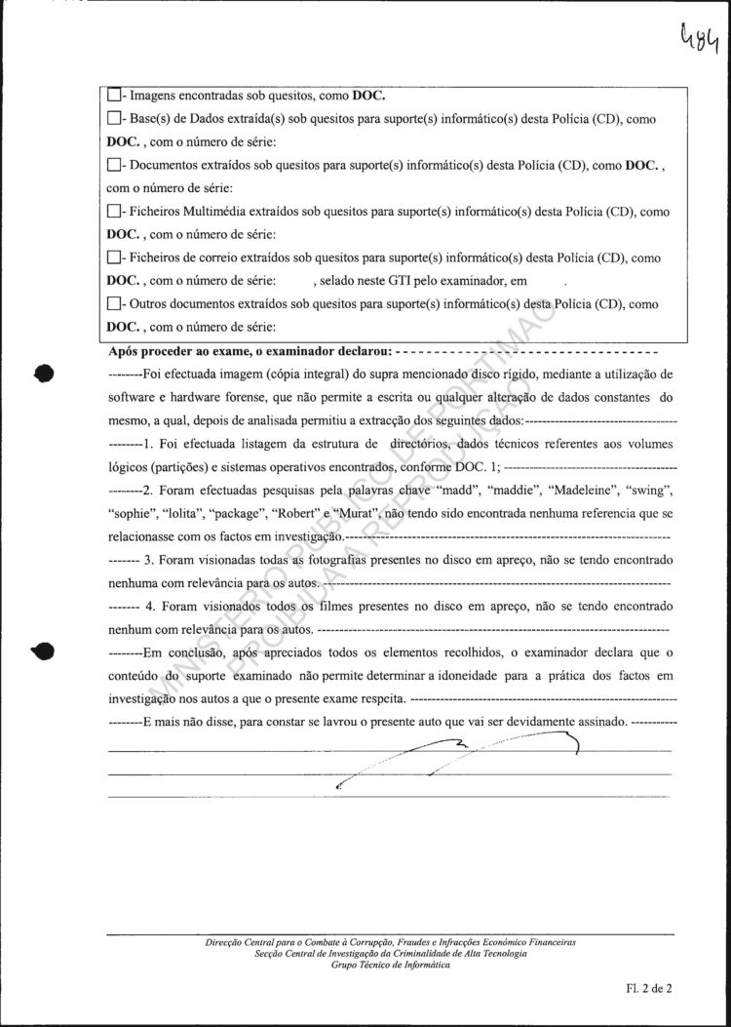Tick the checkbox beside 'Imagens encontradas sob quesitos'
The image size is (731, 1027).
tap(114, 96)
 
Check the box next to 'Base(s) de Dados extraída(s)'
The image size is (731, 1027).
tap(114, 119)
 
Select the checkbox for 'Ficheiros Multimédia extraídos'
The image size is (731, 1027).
tap(114, 212)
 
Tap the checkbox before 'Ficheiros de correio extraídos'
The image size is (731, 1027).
tap(114, 257)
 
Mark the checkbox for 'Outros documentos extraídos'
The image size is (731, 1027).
tap(114, 304)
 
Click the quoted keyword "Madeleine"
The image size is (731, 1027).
tap(573, 491)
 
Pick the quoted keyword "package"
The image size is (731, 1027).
tap(236, 514)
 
